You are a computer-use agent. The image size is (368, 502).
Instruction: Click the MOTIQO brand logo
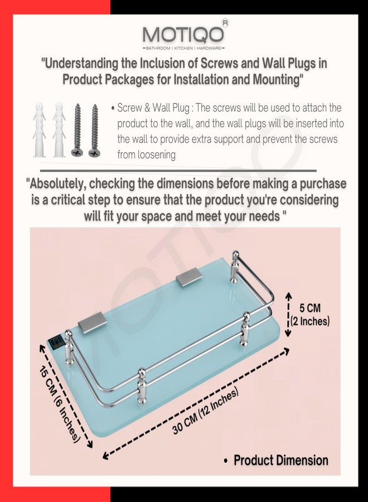coord(183,35)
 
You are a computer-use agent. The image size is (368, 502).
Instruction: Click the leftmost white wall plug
coord(39,129)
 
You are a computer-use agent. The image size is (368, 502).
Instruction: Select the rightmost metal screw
coord(94,131)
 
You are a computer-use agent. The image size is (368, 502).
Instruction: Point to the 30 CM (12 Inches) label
coord(205,411)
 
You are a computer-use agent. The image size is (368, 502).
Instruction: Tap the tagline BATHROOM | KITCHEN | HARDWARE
coord(183,48)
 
